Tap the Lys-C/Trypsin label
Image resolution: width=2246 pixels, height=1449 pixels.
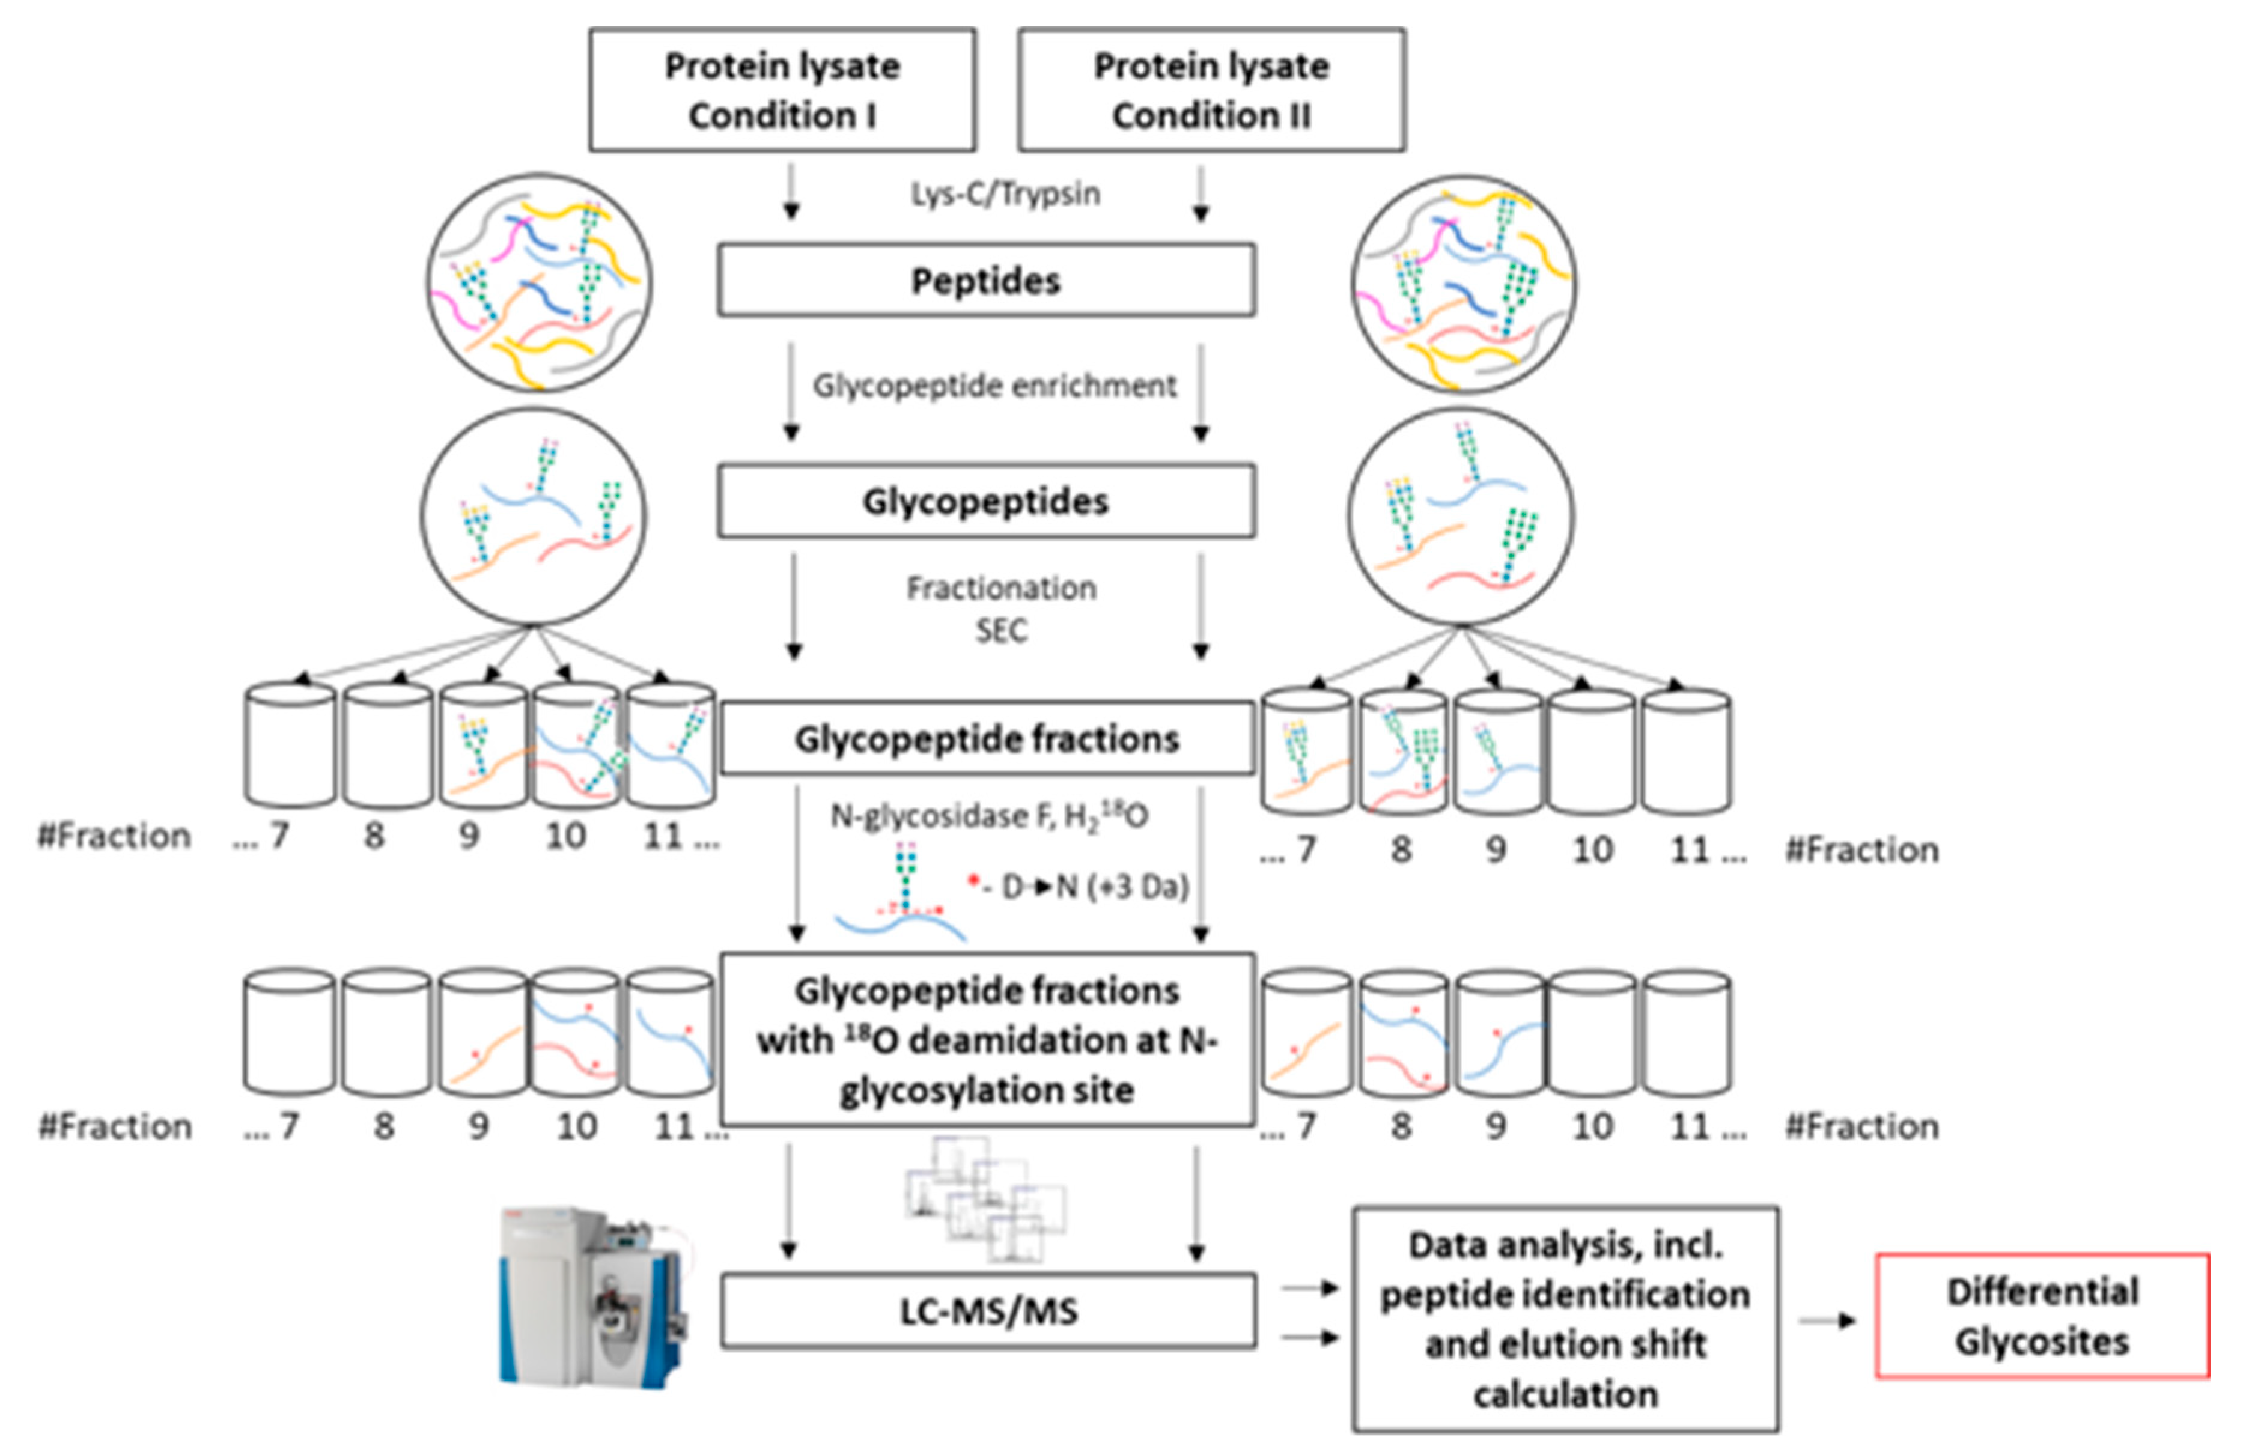1005,194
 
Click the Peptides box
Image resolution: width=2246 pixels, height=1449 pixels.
985,281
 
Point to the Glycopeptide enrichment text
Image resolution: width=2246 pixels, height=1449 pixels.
994,386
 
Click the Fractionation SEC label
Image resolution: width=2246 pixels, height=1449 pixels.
1001,609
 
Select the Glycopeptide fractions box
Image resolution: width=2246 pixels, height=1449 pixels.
985,738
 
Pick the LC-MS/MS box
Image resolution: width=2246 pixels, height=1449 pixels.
988,1311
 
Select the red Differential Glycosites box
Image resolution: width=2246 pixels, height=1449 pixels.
2042,1316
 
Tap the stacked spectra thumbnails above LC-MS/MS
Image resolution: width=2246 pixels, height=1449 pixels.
986,1200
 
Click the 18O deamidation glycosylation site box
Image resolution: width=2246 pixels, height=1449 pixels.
986,1040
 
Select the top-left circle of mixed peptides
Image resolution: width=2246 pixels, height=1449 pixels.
538,282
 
